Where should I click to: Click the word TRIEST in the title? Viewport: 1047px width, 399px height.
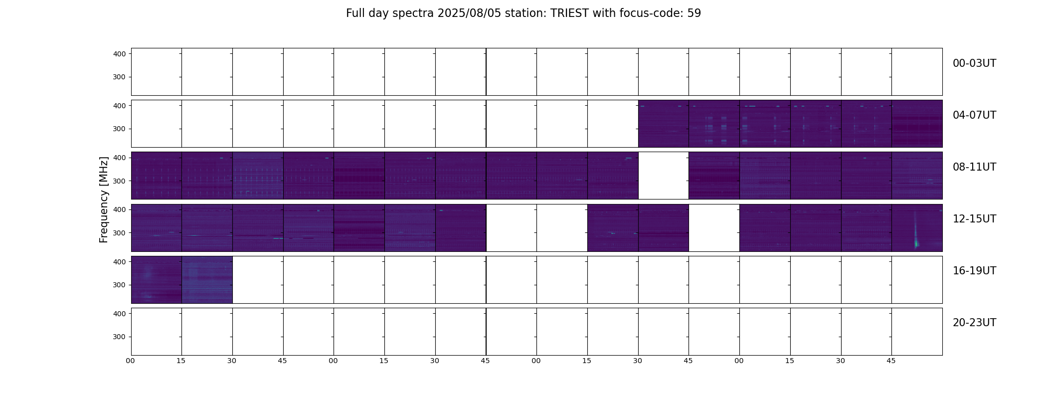coord(569,13)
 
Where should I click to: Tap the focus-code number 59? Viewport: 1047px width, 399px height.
coord(694,13)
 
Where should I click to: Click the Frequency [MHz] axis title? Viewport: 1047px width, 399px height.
coord(104,199)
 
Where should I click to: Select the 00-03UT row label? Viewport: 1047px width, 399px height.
coord(974,63)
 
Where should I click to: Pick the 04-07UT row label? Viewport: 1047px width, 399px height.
coord(974,115)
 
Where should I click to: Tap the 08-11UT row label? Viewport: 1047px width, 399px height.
coord(974,167)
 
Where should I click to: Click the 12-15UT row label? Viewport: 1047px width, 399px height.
coord(974,219)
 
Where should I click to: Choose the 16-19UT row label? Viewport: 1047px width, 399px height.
coord(974,271)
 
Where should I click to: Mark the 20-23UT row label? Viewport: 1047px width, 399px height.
coord(974,323)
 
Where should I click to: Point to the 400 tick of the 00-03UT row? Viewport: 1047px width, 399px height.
coord(120,54)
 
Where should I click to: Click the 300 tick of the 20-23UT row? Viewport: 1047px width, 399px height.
coord(120,337)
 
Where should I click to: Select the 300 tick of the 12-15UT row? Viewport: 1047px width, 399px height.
coord(120,233)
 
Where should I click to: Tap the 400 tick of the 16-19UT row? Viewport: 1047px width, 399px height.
coord(120,262)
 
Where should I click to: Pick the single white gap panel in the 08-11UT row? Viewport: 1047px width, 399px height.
coord(664,176)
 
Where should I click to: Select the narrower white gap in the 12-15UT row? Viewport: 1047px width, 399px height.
coord(714,227)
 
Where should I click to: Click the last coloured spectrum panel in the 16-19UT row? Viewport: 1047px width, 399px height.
coord(207,280)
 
